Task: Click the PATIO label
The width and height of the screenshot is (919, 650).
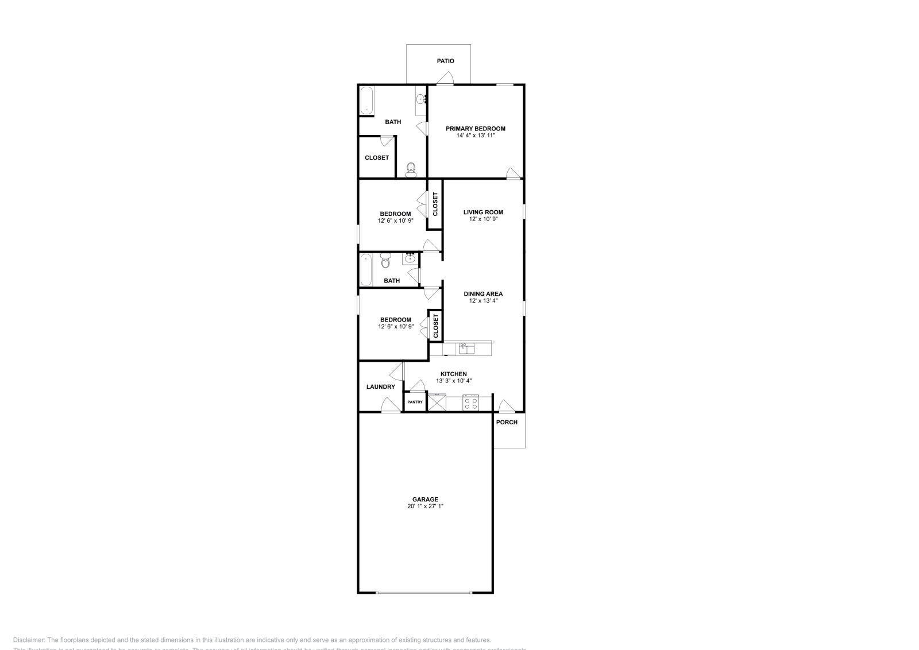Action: click(445, 61)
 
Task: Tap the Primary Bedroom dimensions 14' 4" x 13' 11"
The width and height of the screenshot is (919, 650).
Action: click(476, 136)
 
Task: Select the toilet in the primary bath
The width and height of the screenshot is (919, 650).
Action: click(411, 168)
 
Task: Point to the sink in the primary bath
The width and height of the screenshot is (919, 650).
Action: click(421, 100)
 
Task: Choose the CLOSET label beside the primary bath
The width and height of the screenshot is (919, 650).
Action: click(377, 158)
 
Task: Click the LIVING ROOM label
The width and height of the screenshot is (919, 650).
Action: click(483, 212)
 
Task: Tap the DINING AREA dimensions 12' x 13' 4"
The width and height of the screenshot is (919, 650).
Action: click(483, 300)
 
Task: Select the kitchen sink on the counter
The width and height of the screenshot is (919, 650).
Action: click(466, 348)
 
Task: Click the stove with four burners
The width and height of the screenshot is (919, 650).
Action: click(471, 403)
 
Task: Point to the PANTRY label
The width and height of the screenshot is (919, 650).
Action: click(415, 402)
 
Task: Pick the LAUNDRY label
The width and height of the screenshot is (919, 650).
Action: click(380, 387)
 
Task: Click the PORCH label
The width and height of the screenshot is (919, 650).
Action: click(507, 423)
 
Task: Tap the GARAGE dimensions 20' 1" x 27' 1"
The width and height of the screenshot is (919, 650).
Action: click(425, 506)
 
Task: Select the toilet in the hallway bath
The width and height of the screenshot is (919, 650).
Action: click(385, 262)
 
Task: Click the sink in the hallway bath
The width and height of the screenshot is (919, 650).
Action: click(410, 258)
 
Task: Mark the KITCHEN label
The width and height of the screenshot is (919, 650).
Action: click(454, 374)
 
